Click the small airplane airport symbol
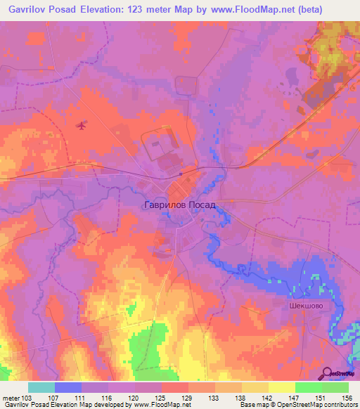(82, 126)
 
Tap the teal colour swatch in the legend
(41, 387)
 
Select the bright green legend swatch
(309, 387)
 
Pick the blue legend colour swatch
(68, 387)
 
